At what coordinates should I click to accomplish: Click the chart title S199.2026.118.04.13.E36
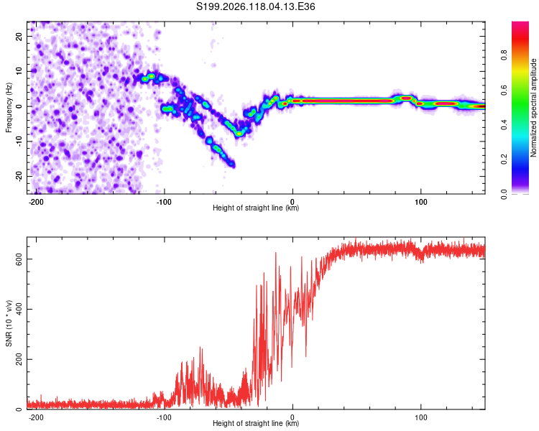coord(255,6)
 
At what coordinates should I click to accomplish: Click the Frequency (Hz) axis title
coord(9,108)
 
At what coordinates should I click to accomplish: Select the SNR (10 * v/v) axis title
coord(9,323)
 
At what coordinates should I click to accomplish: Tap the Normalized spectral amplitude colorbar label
coord(533,108)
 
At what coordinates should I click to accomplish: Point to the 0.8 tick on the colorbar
coord(504,55)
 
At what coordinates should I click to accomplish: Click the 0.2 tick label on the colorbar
coord(504,159)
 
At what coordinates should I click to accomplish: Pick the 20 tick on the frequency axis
coord(19,37)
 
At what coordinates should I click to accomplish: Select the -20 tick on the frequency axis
coord(19,176)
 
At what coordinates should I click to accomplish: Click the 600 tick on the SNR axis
coord(19,259)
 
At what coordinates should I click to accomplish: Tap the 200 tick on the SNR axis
coord(19,359)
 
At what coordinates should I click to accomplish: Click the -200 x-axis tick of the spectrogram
coord(35,202)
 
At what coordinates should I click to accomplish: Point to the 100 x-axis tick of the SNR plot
coord(420,417)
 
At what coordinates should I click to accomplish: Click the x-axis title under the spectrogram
coord(256,208)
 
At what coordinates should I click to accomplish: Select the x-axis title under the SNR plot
coord(256,423)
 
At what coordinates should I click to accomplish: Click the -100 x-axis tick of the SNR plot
coord(164,417)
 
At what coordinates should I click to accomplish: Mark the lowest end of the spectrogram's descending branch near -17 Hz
coord(233,165)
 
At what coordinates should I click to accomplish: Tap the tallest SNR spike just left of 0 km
coord(276,253)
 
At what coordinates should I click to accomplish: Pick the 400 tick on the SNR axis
coord(19,309)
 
